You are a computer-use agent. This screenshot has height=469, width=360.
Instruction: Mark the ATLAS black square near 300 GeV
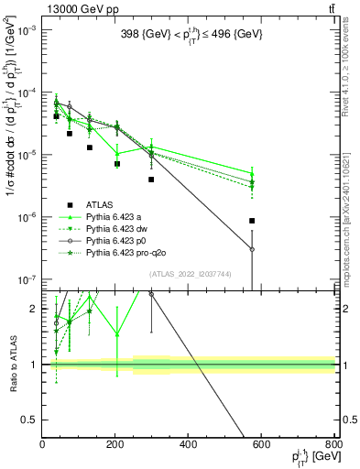[x=151, y=180]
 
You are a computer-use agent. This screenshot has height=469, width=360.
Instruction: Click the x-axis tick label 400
[x=189, y=445]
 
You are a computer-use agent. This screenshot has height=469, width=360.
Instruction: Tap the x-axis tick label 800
[x=334, y=445]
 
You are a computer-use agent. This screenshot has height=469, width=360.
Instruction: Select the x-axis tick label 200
[x=115, y=445]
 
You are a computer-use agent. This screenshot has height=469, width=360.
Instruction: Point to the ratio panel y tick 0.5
[x=32, y=420]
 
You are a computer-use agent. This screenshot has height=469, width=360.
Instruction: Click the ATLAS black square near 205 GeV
[x=117, y=164]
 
